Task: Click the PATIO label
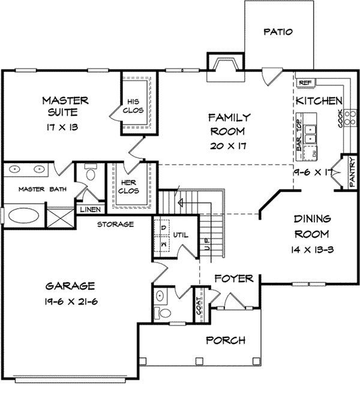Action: point(278,32)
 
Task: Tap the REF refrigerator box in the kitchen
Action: point(306,83)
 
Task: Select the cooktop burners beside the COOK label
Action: point(350,118)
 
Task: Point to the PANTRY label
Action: point(352,172)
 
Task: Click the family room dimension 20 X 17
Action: point(228,146)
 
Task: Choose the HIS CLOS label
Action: point(133,106)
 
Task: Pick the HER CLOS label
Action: point(128,186)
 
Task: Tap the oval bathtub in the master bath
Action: point(23,216)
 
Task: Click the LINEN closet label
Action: point(90,209)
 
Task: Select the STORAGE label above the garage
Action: point(116,224)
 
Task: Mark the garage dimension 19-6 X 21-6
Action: point(71,302)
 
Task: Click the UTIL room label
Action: point(181,235)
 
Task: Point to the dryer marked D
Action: point(164,228)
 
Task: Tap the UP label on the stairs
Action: point(208,244)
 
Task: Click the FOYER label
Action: point(234,279)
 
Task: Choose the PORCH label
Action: point(226,340)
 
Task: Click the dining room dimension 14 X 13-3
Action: point(312,250)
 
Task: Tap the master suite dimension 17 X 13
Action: point(62,127)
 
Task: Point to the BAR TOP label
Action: point(299,135)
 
